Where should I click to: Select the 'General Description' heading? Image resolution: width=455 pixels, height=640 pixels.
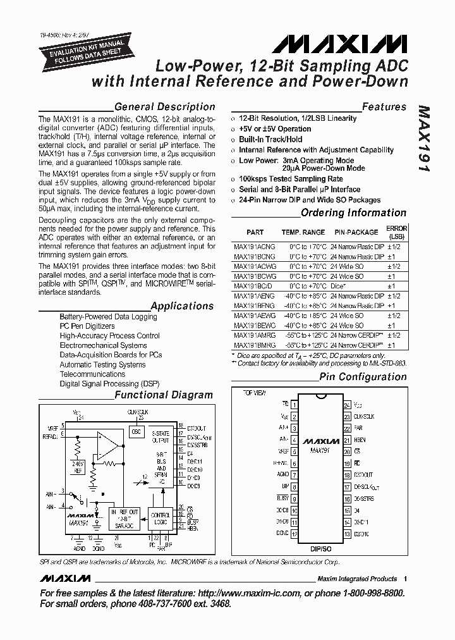164,107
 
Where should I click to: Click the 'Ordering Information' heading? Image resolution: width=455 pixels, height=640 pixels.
353,213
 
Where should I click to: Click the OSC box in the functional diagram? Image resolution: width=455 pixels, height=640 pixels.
136,431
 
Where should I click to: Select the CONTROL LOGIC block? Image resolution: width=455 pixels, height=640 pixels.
161,519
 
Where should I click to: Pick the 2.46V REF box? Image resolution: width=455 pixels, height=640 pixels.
78,467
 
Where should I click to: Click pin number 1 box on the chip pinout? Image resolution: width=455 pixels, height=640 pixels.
294,403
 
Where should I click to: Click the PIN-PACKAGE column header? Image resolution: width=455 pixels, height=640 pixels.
356,232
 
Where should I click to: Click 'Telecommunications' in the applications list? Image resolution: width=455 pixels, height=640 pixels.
92,374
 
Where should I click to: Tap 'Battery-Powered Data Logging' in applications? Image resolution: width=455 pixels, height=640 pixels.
108,316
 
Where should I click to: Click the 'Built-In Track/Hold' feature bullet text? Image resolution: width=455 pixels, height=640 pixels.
270,139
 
